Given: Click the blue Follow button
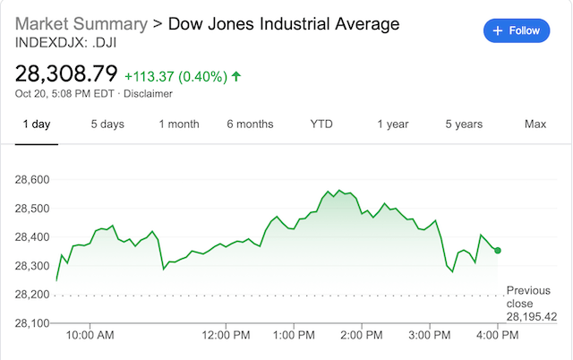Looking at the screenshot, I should pyautogui.click(x=517, y=30).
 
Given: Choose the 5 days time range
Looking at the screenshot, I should pyautogui.click(x=107, y=124).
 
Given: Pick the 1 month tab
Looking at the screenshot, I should pyautogui.click(x=179, y=124).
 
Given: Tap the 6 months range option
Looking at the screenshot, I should pyautogui.click(x=250, y=124).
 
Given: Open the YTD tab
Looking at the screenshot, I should pyautogui.click(x=321, y=124).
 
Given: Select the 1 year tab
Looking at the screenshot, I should pyautogui.click(x=392, y=124).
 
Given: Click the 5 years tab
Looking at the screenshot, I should pyautogui.click(x=464, y=124).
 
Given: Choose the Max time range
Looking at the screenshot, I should pyautogui.click(x=535, y=124).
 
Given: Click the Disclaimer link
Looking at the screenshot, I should pyautogui.click(x=149, y=93).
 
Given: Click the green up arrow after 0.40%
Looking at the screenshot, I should pyautogui.click(x=236, y=76).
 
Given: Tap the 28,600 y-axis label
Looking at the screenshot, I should pyautogui.click(x=34, y=180).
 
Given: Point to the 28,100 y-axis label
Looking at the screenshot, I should pyautogui.click(x=34, y=322).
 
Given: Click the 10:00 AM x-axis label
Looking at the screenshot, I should pyautogui.click(x=91, y=336).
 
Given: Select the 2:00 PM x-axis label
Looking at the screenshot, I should pyautogui.click(x=361, y=336).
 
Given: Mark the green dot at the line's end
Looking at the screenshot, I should pyautogui.click(x=498, y=251).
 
